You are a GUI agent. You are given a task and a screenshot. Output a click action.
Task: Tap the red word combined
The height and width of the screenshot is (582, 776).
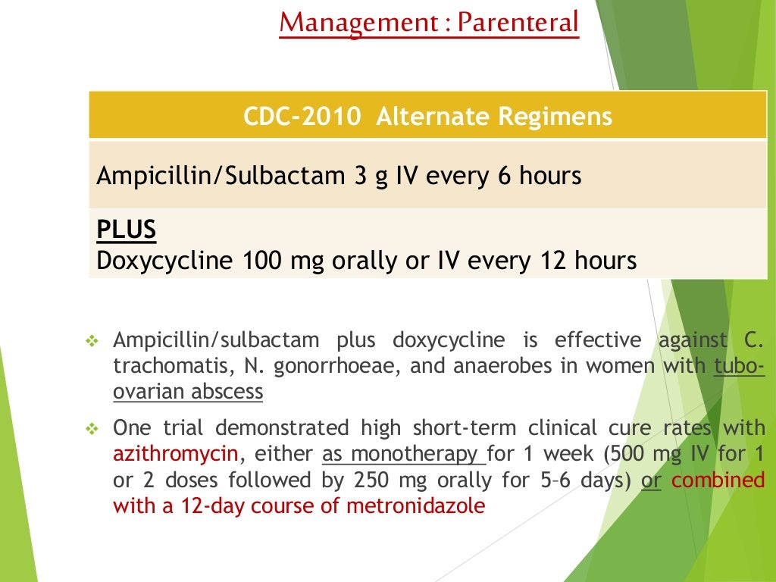718,480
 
